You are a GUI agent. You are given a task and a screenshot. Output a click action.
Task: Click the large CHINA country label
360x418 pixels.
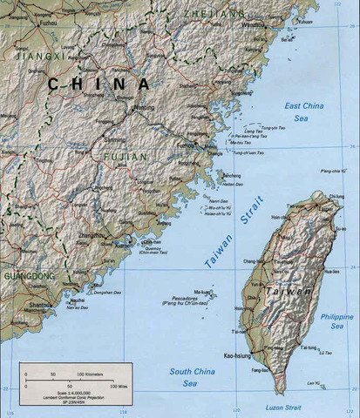pyautogui.click(x=98, y=84)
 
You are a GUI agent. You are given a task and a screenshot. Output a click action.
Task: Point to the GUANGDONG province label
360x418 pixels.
pyautogui.click(x=27, y=276)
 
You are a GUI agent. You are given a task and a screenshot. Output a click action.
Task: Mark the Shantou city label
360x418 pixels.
pyautogui.click(x=39, y=306)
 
